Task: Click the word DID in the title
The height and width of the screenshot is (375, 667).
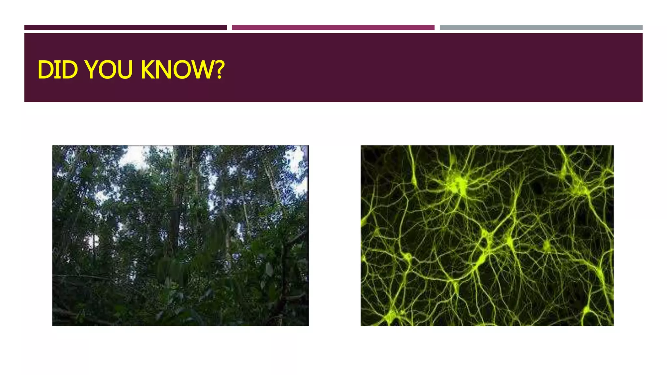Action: coord(57,70)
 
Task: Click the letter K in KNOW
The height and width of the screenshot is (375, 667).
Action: coord(148,70)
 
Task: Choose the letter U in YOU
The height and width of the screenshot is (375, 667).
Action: coord(125,70)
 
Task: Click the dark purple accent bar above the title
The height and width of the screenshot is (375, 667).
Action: coord(125,28)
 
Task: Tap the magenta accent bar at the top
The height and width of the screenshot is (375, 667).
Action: coord(333,28)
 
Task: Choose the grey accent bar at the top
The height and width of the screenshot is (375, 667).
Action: coord(541,28)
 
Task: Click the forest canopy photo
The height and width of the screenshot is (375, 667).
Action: coord(180,235)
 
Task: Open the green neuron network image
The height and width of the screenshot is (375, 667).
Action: coord(487,235)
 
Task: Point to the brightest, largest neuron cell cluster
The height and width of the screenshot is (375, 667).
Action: coord(459,184)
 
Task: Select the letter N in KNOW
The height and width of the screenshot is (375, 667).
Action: coord(163,70)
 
